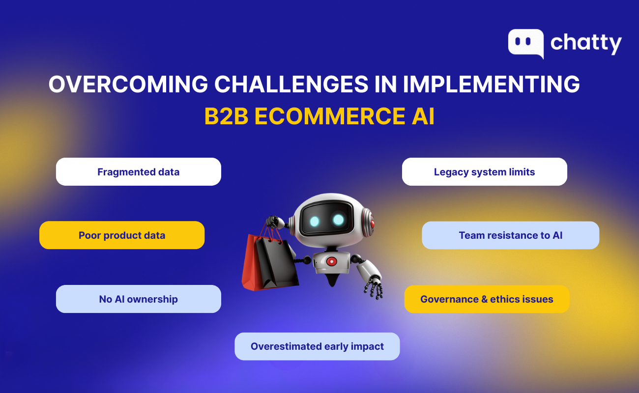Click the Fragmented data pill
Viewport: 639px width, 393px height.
138,172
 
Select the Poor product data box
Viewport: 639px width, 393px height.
122,235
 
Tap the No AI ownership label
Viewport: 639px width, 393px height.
138,299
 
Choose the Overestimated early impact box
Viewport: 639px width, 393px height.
317,346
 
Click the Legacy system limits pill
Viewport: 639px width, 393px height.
484,172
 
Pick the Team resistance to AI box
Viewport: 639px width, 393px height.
510,235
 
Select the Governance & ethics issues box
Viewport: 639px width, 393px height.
487,299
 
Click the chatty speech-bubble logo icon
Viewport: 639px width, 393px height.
525,43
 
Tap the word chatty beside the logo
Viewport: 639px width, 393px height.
586,44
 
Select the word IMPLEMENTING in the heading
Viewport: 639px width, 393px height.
492,84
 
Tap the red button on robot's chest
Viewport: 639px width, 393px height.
332,261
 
